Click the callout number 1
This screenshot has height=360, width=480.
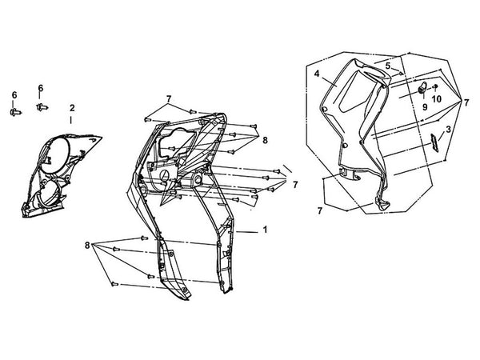click(x=265, y=230)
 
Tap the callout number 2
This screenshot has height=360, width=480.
click(x=72, y=108)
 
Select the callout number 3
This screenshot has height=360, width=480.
click(x=448, y=129)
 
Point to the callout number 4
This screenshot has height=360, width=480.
click(x=317, y=74)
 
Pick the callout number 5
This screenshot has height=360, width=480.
click(x=388, y=66)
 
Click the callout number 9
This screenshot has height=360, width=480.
click(x=425, y=107)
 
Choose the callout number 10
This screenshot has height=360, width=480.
click(x=437, y=99)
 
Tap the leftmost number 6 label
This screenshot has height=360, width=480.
click(x=14, y=95)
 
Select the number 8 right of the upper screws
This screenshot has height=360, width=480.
click(x=265, y=140)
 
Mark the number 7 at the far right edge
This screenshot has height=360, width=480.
click(x=466, y=102)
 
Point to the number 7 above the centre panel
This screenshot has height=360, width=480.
click(x=169, y=99)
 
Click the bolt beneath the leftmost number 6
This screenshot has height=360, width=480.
click(x=15, y=112)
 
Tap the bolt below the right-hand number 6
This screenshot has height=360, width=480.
click(x=42, y=107)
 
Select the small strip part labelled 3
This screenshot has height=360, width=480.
click(x=434, y=142)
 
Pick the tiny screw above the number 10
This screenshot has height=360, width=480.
click(x=436, y=86)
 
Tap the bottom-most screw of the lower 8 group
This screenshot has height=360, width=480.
click(x=114, y=284)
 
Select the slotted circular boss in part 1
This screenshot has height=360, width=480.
click(x=165, y=174)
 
